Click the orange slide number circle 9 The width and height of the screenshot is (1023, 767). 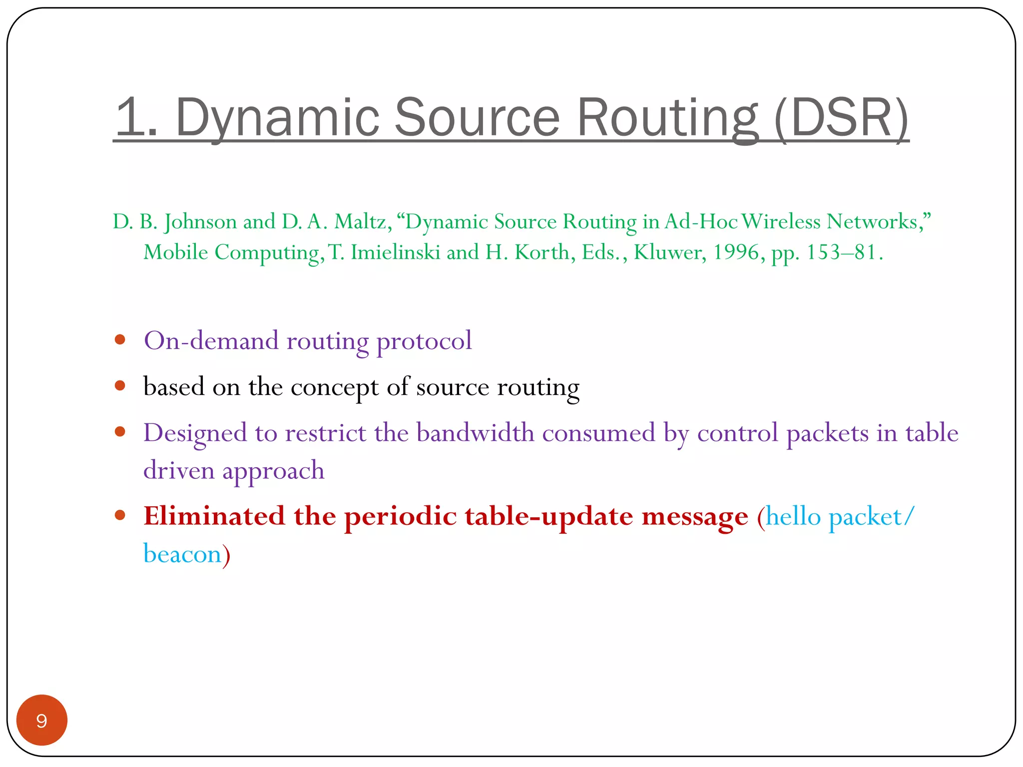click(x=41, y=720)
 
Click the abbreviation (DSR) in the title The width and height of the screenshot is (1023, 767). click(x=842, y=118)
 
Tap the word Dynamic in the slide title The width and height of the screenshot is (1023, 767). click(x=277, y=118)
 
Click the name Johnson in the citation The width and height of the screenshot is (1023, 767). click(x=200, y=222)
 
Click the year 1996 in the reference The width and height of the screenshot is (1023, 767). click(x=736, y=252)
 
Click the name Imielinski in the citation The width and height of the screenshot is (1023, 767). click(x=395, y=252)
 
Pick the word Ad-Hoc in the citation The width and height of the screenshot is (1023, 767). click(x=701, y=222)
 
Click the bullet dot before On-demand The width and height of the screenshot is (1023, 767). click(x=119, y=340)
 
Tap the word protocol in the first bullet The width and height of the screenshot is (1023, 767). click(x=424, y=341)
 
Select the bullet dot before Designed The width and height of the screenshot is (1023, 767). click(x=119, y=432)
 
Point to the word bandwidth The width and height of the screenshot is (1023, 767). click(x=475, y=432)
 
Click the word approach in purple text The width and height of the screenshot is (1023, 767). click(x=273, y=471)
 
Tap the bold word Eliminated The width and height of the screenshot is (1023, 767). click(x=214, y=516)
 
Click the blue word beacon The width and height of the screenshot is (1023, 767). click(x=182, y=554)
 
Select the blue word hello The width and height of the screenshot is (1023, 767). click(x=793, y=516)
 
